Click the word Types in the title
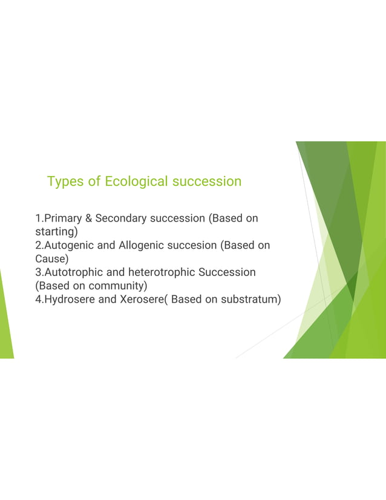click(x=65, y=182)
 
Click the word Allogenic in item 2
click(x=143, y=245)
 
